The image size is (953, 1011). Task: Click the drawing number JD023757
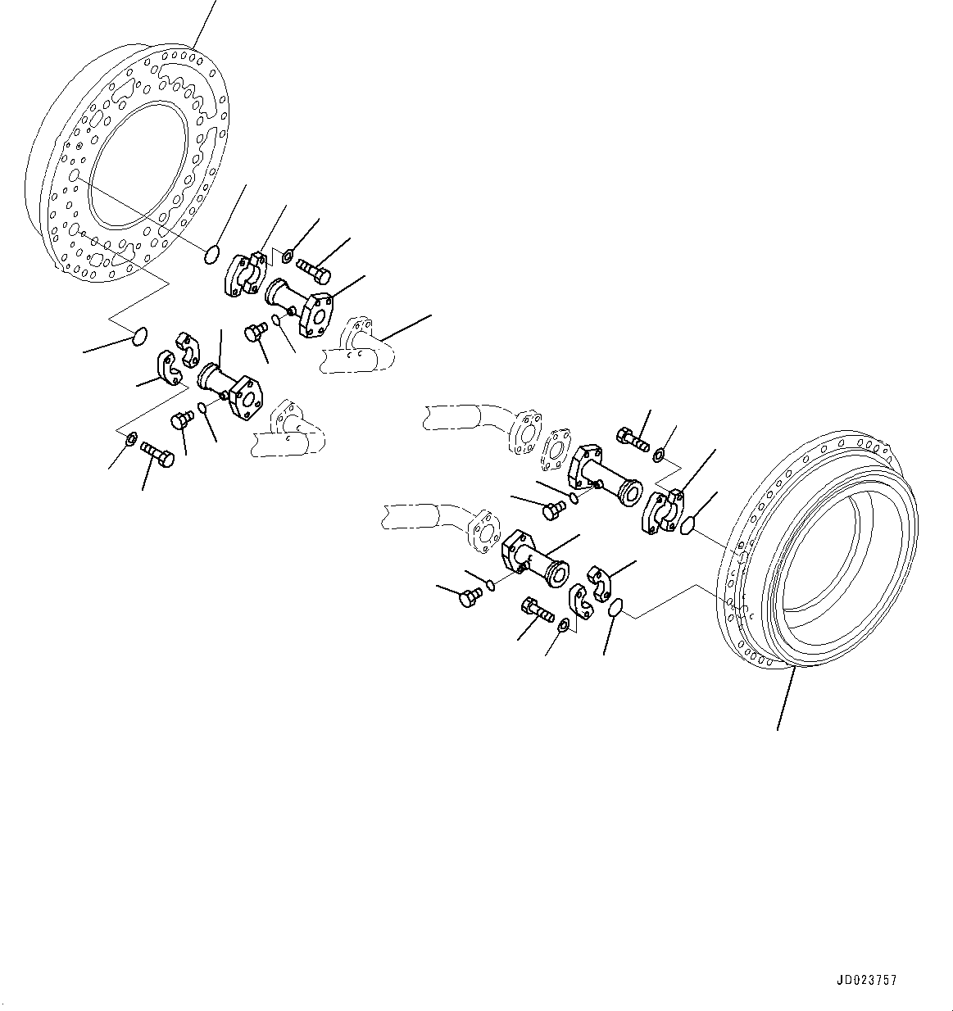pos(867,980)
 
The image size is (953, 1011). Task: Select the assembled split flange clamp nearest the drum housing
pos(666,512)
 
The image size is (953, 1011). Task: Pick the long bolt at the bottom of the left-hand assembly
pos(157,452)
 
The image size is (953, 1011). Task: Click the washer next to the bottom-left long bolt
pos(130,443)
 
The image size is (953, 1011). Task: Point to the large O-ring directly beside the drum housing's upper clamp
pos(688,525)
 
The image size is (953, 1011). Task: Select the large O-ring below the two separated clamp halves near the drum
pos(617,609)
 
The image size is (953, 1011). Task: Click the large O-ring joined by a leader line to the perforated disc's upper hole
pos(211,255)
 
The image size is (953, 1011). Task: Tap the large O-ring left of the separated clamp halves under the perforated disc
pos(140,335)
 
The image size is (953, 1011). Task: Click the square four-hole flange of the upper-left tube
pos(316,315)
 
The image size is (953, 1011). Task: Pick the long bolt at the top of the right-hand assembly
pos(632,439)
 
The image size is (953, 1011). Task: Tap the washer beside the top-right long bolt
pos(659,453)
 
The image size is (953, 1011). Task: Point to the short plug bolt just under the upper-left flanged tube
pos(255,332)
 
